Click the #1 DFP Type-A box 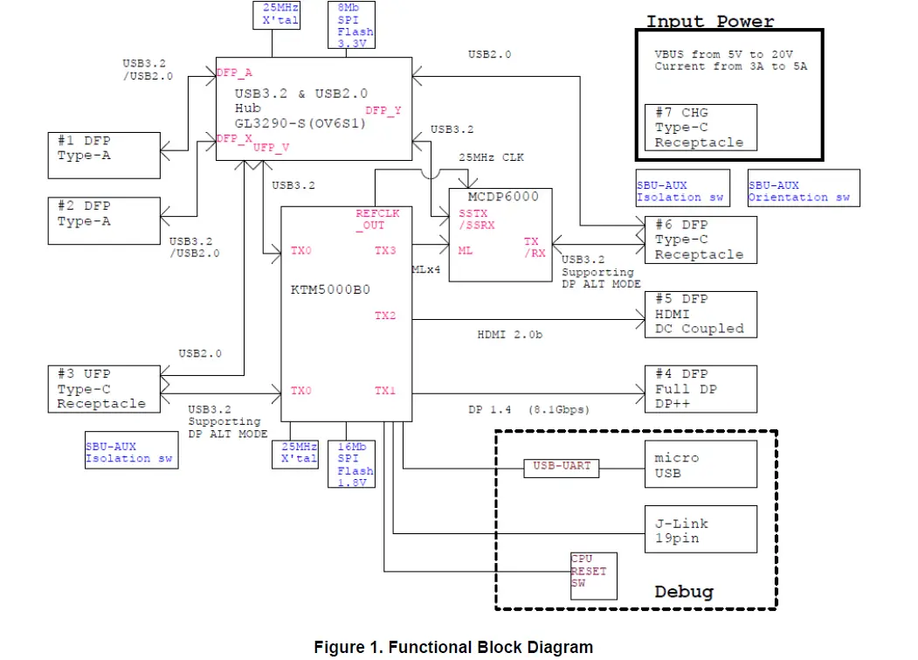(104, 155)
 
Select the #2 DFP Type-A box (104, 219)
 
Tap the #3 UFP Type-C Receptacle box (104, 389)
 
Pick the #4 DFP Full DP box (701, 389)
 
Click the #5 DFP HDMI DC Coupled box (701, 314)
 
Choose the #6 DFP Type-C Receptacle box (701, 240)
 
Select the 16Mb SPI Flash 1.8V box (355, 463)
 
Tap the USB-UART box (562, 467)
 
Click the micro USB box (701, 465)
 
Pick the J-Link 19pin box (701, 531)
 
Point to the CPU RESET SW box (593, 575)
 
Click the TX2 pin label (385, 316)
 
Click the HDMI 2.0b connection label (509, 334)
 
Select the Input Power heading (709, 21)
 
